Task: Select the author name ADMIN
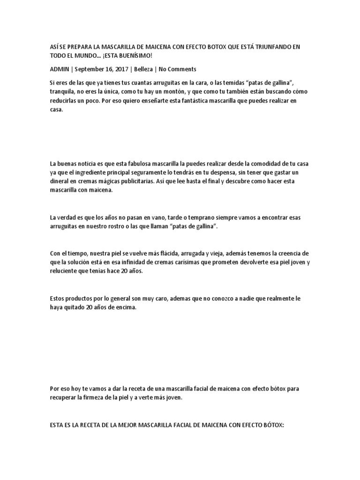[59, 69]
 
